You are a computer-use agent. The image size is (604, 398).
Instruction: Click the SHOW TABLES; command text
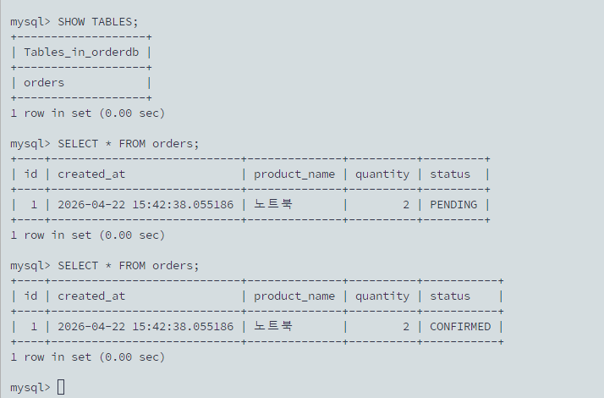98,22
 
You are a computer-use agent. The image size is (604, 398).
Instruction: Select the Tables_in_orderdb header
81,52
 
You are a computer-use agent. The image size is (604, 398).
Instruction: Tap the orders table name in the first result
44,82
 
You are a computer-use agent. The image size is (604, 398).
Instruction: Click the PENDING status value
453,204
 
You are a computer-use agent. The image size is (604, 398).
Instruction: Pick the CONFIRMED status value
460,327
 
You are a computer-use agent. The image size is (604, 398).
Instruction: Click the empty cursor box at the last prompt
61,387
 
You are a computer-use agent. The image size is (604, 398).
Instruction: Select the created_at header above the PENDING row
91,174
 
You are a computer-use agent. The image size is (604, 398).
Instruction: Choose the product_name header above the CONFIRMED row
294,296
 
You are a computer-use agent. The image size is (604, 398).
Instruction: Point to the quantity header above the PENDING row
382,174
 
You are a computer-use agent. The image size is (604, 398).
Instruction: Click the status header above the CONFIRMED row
450,296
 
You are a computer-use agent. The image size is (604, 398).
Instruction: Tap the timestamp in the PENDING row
146,204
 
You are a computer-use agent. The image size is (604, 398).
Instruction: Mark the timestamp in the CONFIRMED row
146,327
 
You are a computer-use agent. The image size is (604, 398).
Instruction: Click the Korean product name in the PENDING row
273,203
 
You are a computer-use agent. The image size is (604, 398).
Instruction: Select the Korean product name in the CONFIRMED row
273,326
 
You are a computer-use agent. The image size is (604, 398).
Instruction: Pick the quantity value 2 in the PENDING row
406,204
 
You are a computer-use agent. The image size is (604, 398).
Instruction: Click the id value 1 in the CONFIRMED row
34,327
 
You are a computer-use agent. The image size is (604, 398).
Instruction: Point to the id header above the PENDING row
30,174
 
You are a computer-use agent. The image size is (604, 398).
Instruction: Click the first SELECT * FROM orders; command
129,144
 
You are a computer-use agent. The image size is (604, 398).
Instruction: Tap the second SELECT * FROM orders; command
129,266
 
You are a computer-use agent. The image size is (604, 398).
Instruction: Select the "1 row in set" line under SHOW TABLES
88,113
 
